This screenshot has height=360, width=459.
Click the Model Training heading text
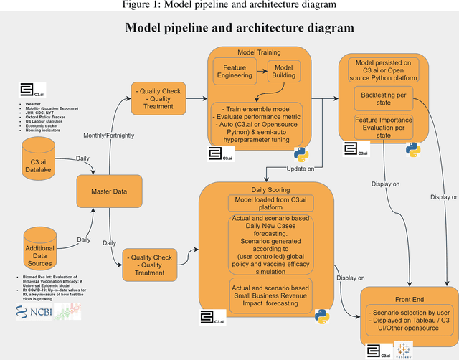pos(259,53)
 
